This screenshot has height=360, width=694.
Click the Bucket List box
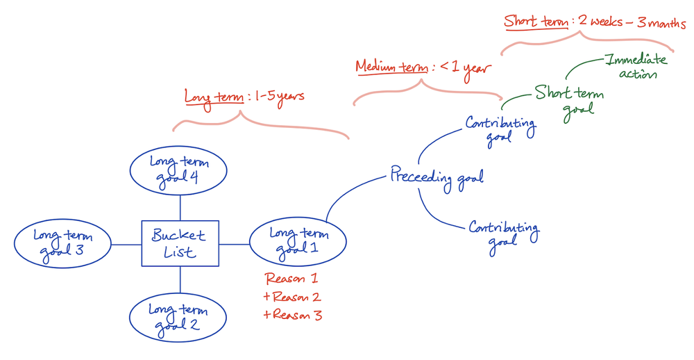pos(180,243)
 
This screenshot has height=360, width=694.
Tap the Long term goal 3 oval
pos(62,243)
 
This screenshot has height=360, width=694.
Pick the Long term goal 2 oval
pos(178,318)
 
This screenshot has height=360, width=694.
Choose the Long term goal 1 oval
pos(298,242)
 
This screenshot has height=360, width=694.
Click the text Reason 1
pos(291,279)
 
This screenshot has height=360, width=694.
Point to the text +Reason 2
pos(292,297)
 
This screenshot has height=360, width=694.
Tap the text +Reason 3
pos(293,315)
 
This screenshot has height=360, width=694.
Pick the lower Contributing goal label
pos(503,232)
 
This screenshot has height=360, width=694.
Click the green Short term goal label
pos(570,101)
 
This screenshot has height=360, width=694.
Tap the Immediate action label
pos(636,67)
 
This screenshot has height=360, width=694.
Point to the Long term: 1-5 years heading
pos(244,97)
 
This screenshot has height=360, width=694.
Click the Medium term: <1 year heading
pos(423,67)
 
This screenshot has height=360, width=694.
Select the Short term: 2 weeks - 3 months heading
pos(594,22)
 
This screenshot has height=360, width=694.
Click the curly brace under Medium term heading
pos(426,90)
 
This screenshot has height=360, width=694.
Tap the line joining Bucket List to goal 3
pos(126,245)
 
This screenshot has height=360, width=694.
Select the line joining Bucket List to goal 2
pos(180,280)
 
